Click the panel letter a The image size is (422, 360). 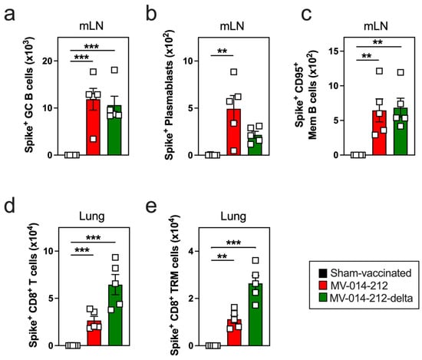[9, 15]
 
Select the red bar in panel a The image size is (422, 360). [93, 127]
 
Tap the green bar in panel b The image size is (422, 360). [255, 145]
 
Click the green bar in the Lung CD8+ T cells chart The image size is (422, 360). [115, 315]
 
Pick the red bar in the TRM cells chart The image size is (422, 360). [234, 332]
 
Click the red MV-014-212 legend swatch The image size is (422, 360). [323, 286]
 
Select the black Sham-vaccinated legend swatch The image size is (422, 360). [323, 273]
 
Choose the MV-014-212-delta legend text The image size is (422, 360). [371, 298]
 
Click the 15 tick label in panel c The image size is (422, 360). [335, 51]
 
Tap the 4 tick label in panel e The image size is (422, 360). [190, 251]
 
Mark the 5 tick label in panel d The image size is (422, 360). [51, 299]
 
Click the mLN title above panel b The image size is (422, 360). [232, 26]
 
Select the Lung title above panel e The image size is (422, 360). [233, 216]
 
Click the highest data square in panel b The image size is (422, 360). [233, 72]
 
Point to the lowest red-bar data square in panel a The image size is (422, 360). [93, 139]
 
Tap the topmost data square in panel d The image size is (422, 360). [115, 257]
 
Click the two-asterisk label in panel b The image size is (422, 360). [222, 51]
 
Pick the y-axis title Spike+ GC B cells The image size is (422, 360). [29, 94]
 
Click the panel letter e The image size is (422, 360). [151, 206]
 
